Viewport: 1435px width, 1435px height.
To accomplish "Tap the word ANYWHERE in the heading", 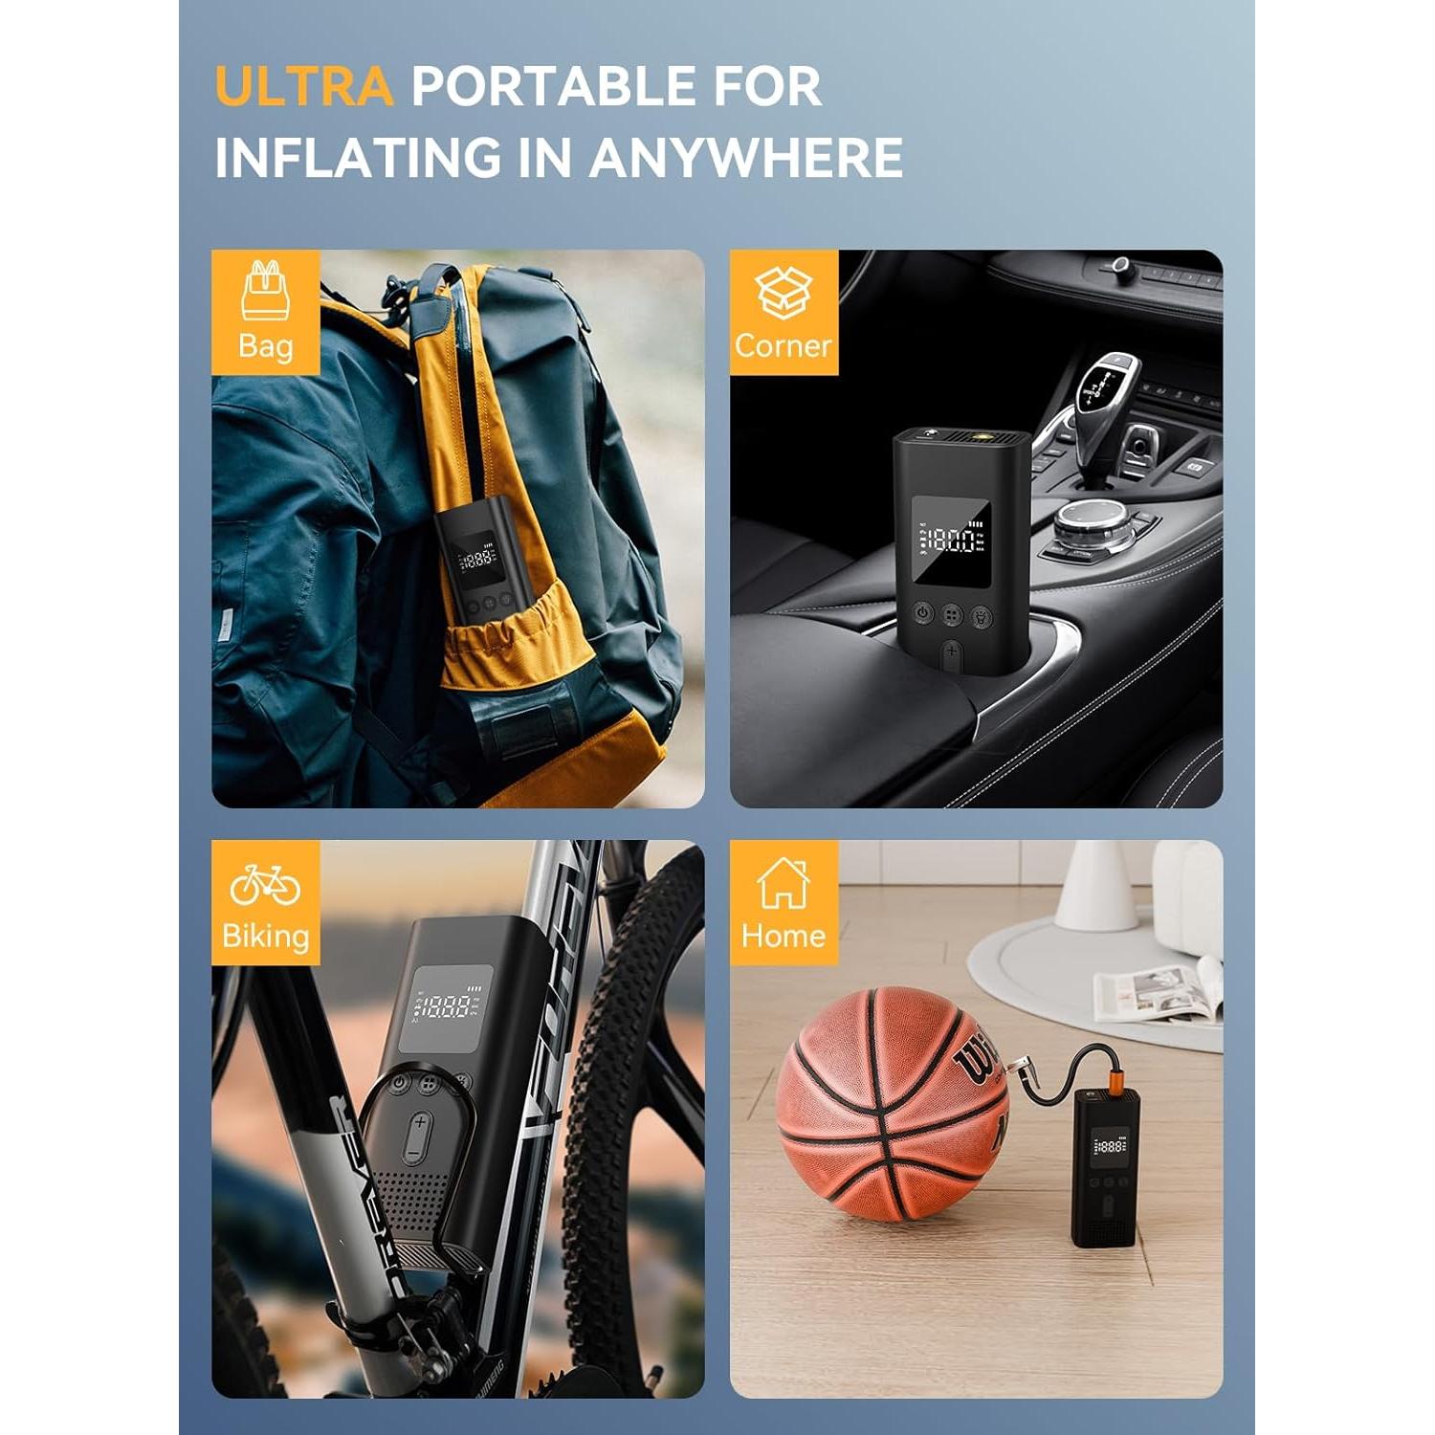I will [746, 158].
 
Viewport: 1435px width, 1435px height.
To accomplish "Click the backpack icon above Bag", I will [265, 289].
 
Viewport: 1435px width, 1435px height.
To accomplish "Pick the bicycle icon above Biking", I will [265, 884].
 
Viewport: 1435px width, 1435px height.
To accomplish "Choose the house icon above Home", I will [784, 882].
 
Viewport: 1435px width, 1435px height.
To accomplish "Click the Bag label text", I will [265, 345].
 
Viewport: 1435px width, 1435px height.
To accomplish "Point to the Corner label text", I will [784, 345].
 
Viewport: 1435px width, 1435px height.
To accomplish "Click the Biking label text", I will [265, 936].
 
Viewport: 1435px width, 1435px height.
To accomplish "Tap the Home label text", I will [784, 936].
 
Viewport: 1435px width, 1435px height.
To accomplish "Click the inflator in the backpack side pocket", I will [475, 564].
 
